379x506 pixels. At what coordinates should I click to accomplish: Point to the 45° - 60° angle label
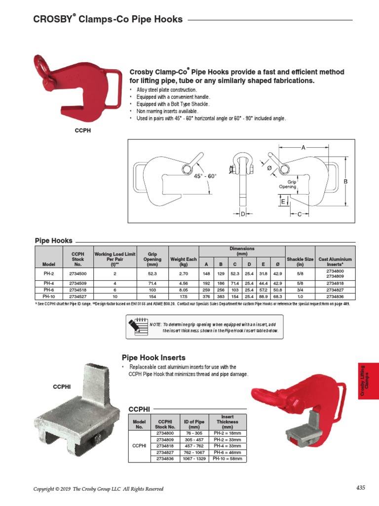coord(204,176)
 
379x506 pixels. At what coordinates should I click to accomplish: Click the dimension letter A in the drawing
coord(303,147)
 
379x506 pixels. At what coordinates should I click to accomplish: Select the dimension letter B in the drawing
coord(345,182)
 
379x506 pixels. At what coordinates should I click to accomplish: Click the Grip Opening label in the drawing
coord(288,185)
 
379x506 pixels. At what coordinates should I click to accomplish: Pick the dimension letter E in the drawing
coord(283,202)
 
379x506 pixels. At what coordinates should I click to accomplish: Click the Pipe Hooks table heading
coord(53,240)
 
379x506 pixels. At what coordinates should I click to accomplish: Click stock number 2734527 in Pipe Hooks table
coord(78,296)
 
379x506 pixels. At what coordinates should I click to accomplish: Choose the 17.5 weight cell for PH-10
coord(184,296)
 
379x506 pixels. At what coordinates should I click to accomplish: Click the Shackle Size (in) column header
coord(300,261)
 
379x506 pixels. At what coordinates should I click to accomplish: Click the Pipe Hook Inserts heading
coord(153,357)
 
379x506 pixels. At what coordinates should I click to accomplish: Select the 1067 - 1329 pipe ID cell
coord(193,459)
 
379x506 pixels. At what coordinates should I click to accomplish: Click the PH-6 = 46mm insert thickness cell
coord(227,452)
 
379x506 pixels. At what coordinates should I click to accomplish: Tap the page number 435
coord(360,488)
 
